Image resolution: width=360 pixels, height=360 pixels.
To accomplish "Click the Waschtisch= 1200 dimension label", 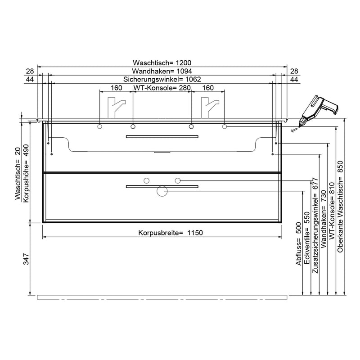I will click(x=162, y=63).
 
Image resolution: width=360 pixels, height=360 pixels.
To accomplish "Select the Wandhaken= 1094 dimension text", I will click(x=162, y=71).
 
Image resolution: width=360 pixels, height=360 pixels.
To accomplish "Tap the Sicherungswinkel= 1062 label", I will click(x=162, y=79).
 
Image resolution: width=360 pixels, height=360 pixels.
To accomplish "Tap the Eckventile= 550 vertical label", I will click(x=306, y=239).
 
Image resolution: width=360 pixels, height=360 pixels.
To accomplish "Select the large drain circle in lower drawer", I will click(x=161, y=191).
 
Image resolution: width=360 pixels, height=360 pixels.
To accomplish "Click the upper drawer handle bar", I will click(x=162, y=136).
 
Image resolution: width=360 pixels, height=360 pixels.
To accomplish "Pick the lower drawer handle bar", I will click(x=162, y=185).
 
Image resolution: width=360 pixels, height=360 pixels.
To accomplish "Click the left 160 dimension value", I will click(x=116, y=88).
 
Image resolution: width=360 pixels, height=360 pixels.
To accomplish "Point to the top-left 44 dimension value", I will click(x=30, y=79).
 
